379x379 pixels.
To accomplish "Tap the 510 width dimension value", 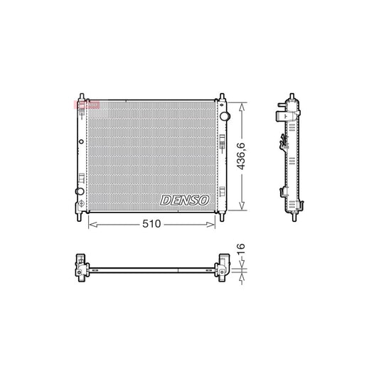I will [x=151, y=224].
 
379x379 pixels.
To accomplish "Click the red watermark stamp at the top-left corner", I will [x=83, y=105].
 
